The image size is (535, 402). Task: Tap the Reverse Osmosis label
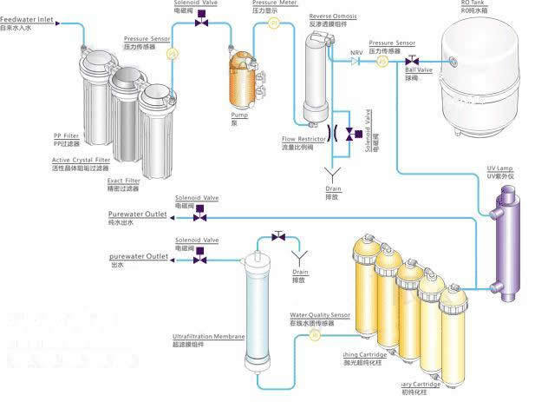332,16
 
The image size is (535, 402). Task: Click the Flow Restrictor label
303,138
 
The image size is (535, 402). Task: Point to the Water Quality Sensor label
321,315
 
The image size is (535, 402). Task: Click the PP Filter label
66,135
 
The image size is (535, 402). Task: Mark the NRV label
356,52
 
